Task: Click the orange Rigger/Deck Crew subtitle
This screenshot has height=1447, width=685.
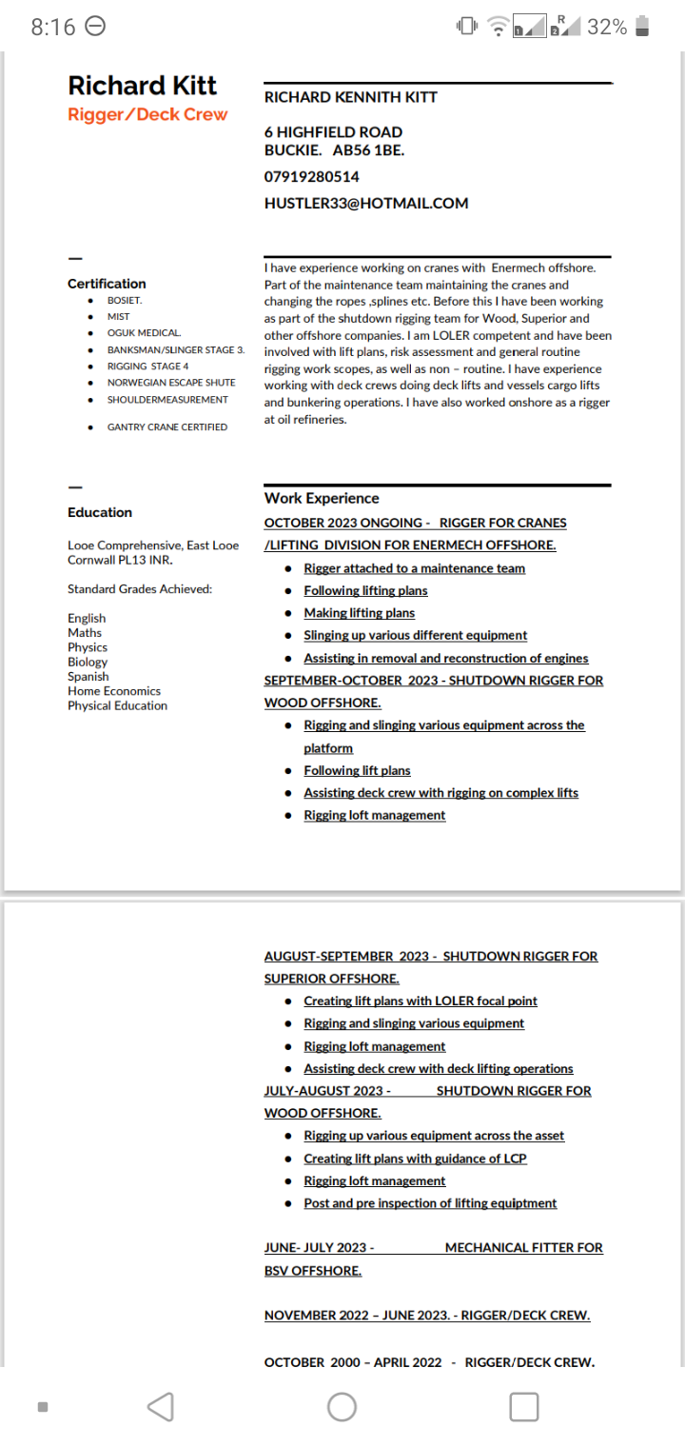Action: (x=147, y=115)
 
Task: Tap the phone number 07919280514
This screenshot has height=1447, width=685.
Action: (x=311, y=177)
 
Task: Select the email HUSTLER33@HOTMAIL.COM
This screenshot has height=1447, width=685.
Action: (x=365, y=203)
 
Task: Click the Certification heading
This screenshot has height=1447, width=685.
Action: (x=107, y=284)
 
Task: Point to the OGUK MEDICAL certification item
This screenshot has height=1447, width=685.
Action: (x=144, y=333)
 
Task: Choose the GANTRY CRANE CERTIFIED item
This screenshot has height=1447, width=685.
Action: (x=166, y=427)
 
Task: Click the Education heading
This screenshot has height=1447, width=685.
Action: (x=100, y=512)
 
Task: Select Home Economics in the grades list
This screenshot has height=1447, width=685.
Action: (x=114, y=691)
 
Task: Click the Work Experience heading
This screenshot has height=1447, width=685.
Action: (x=322, y=498)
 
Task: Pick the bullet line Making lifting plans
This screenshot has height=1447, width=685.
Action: (x=359, y=613)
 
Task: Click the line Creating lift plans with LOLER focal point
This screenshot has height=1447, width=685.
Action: (x=420, y=1001)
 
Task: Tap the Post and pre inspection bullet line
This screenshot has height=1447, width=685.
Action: (x=430, y=1203)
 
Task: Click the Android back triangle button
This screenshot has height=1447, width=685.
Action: (x=161, y=1407)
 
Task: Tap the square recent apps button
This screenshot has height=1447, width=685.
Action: (x=524, y=1407)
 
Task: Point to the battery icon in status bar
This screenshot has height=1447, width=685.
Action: (x=644, y=27)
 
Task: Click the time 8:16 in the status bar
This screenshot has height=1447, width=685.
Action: (x=52, y=28)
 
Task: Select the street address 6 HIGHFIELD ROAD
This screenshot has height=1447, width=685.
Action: (x=333, y=132)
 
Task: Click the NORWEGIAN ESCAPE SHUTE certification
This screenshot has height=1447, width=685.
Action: (x=171, y=383)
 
